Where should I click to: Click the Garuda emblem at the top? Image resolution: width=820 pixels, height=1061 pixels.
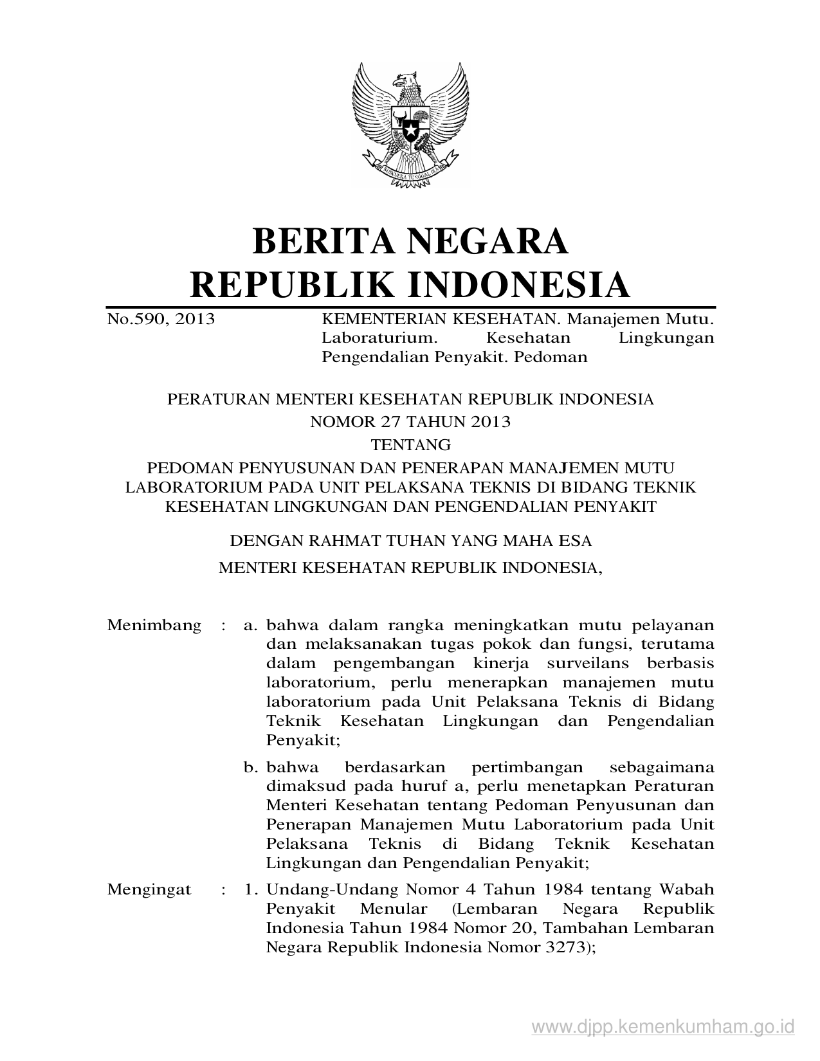tap(410, 125)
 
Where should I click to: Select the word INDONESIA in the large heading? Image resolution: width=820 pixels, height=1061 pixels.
tap(520, 285)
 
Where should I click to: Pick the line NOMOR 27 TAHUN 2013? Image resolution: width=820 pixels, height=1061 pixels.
tap(410, 422)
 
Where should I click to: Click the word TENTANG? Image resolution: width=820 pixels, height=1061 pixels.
tap(410, 444)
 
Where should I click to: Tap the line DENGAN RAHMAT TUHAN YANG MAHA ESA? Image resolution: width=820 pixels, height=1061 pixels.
tap(410, 541)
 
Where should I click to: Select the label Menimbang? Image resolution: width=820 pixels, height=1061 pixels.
tap(154, 625)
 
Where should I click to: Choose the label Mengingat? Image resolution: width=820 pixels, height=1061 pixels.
tap(149, 889)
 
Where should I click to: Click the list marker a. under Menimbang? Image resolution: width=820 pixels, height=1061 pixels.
tap(251, 625)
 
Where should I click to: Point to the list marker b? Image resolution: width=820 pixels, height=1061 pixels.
tap(251, 767)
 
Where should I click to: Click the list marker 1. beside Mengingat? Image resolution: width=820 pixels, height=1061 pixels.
tap(251, 889)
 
